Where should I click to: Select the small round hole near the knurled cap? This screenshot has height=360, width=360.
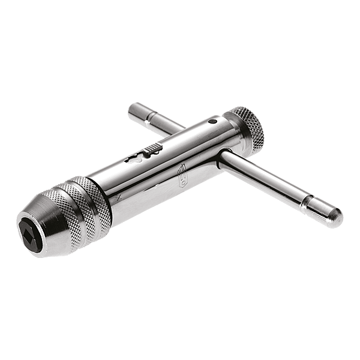[x=212, y=122]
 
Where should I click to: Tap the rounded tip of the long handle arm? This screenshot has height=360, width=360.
[x=334, y=212]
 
